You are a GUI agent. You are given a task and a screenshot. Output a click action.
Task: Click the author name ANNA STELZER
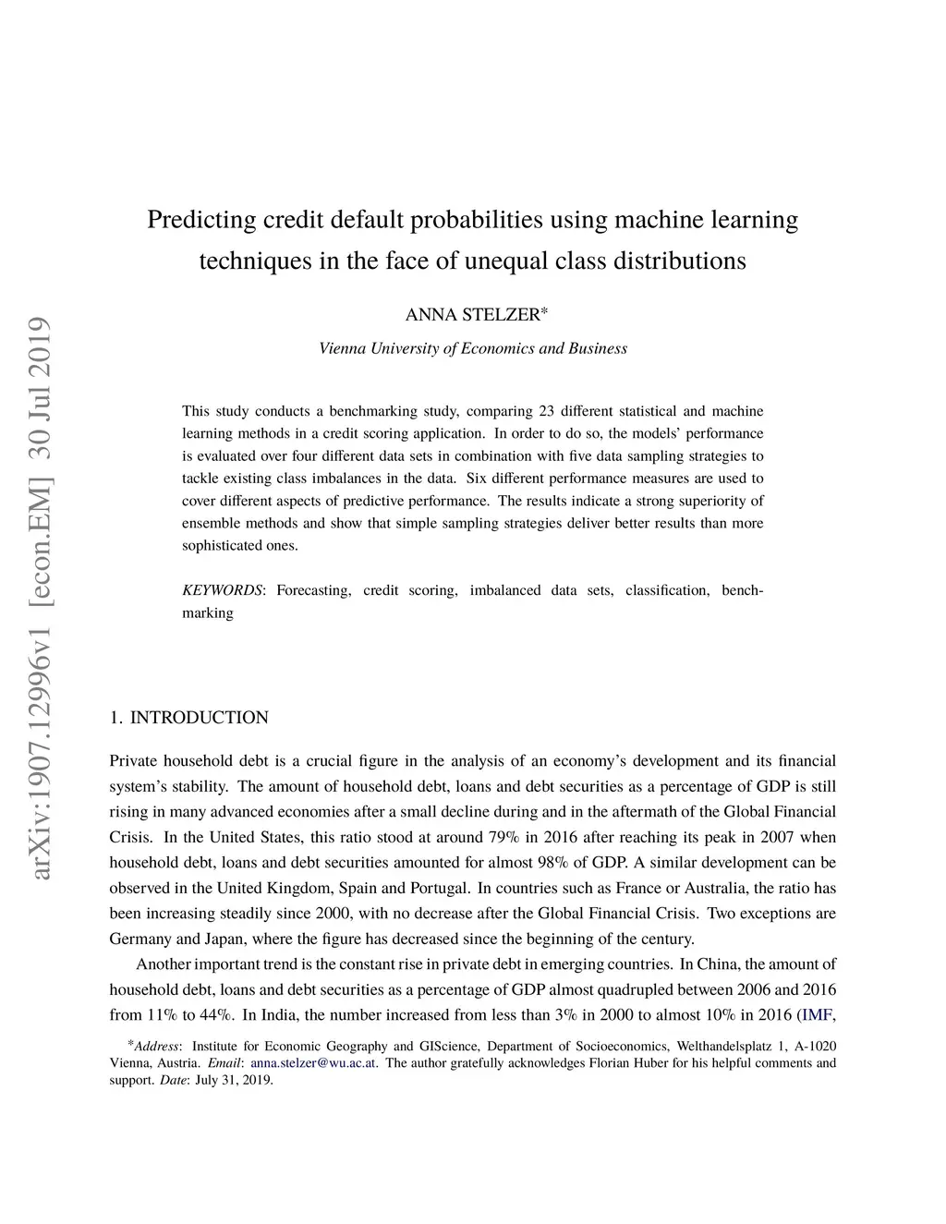click(x=473, y=315)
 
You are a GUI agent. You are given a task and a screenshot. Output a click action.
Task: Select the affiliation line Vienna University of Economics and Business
click(x=473, y=349)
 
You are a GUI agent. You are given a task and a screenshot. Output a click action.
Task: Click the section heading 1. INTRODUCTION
click(x=188, y=718)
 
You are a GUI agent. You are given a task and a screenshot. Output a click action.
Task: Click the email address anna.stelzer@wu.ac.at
click(x=313, y=1063)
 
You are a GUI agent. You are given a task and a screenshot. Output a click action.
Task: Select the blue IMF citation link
click(x=818, y=1015)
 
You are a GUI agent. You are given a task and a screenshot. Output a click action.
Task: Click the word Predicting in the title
click(x=201, y=220)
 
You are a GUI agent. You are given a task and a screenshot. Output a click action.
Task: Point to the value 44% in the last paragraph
click(x=215, y=1015)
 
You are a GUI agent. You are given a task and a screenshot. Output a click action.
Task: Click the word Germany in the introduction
click(x=140, y=939)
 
